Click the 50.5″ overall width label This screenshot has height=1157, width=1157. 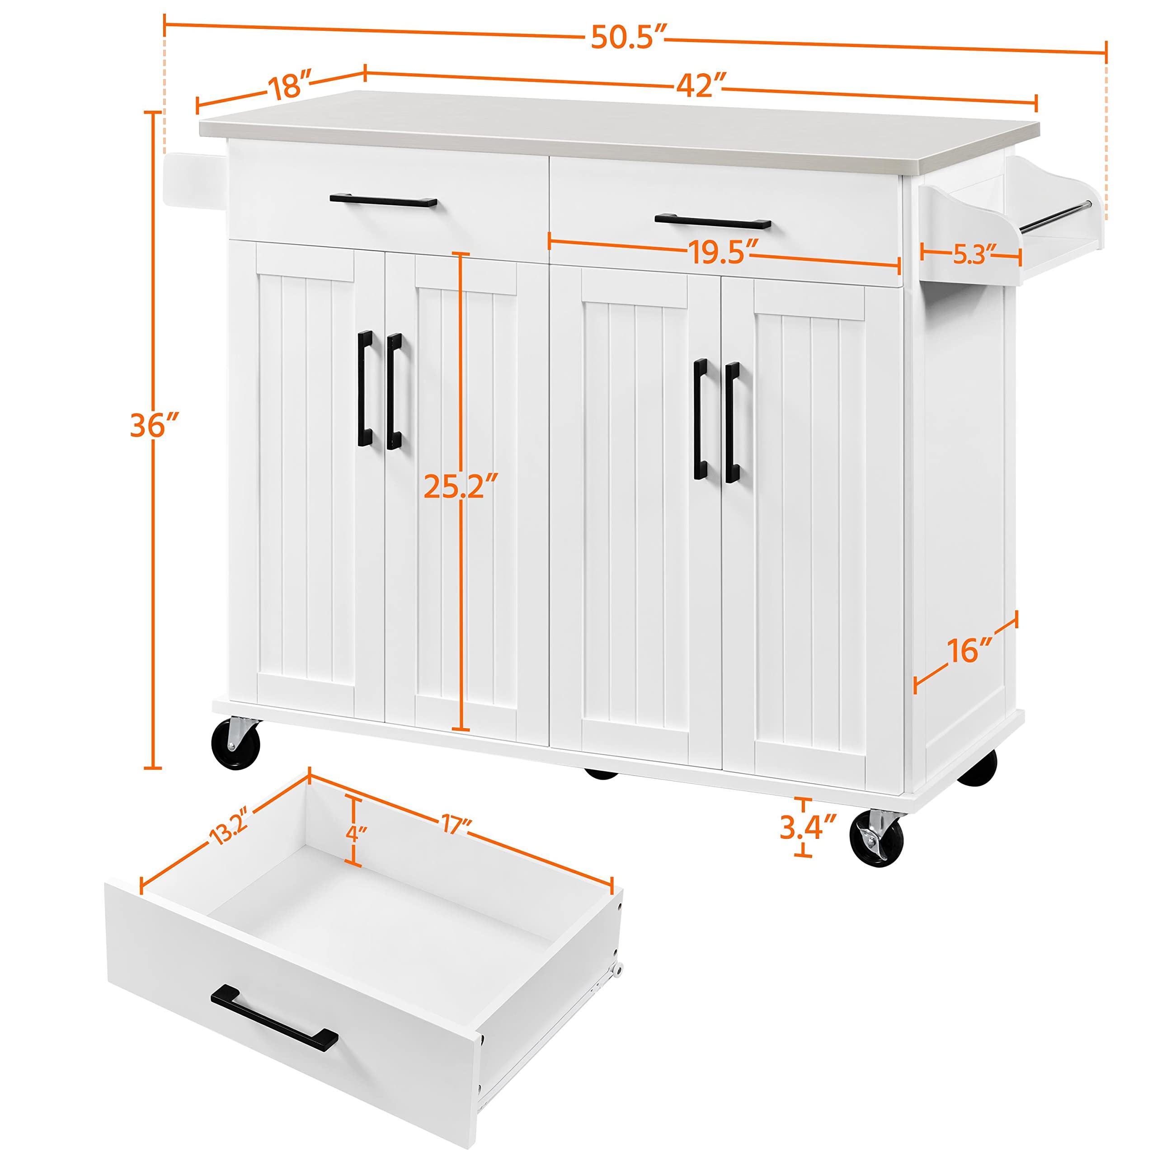coord(628,38)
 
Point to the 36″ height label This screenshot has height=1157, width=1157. coord(155,425)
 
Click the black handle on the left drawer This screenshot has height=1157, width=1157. coord(383,200)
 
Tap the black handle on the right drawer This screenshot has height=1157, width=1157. coord(713,221)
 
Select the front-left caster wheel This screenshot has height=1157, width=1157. coord(236,744)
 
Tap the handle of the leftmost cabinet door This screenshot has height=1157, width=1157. coord(365,388)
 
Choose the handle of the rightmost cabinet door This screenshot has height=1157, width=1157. coord(732,422)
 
